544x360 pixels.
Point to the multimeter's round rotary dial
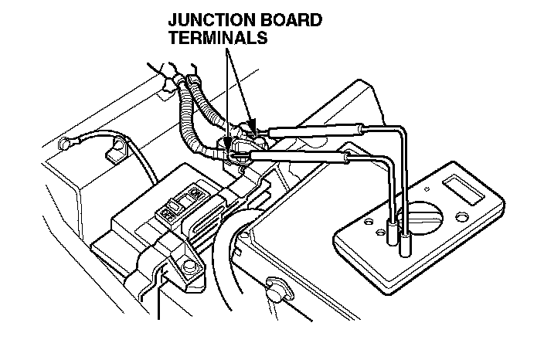click(x=426, y=214)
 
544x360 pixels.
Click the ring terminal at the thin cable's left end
click(x=67, y=144)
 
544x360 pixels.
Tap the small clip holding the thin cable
click(x=116, y=153)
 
